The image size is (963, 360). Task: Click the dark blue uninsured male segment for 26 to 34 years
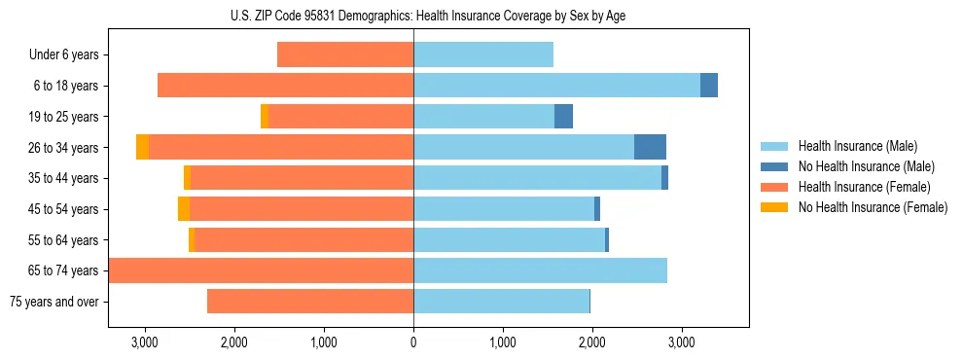[x=650, y=147]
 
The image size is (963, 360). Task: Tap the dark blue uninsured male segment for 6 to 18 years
[x=709, y=86]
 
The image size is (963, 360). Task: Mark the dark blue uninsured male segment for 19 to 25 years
[x=563, y=117]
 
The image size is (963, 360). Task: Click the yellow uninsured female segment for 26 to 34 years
[x=142, y=147]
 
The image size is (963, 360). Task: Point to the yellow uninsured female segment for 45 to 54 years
[x=184, y=209]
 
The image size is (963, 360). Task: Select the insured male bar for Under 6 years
[x=483, y=55]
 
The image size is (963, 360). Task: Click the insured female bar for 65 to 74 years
[x=261, y=270]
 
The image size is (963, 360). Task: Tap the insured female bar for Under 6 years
[x=345, y=55]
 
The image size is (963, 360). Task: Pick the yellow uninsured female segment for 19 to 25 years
[x=265, y=117]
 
